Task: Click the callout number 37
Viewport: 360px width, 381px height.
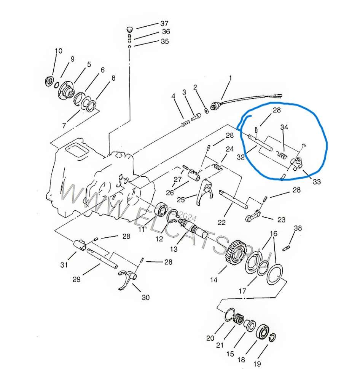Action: (164, 24)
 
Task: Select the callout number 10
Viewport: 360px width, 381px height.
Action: (59, 51)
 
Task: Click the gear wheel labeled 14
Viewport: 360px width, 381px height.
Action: (236, 253)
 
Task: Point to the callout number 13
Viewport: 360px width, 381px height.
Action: (174, 249)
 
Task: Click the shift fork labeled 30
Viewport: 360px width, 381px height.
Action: (127, 279)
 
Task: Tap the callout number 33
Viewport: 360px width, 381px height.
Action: (317, 181)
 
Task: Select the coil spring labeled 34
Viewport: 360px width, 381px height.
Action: (282, 155)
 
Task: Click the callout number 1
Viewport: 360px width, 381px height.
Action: (230, 78)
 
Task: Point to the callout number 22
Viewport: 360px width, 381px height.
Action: (221, 223)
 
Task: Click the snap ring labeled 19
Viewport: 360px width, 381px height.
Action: (273, 338)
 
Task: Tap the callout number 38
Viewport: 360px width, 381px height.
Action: (298, 228)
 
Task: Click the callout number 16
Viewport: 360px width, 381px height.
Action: (273, 234)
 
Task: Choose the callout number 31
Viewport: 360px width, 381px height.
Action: (64, 265)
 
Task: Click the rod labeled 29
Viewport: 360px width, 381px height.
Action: (102, 258)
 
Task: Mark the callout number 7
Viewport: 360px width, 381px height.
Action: (64, 125)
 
